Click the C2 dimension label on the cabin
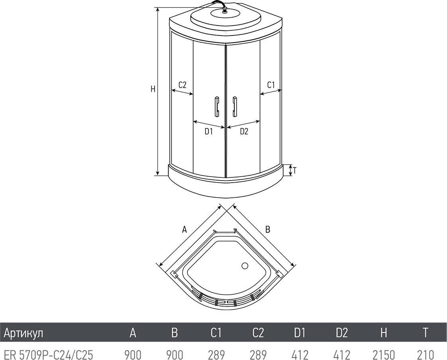182,85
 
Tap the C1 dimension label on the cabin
271,85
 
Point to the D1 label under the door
209,132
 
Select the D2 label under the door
244,132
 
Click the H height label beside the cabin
153,89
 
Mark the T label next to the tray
295,171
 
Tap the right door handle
235,106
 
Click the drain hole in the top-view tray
245,266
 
